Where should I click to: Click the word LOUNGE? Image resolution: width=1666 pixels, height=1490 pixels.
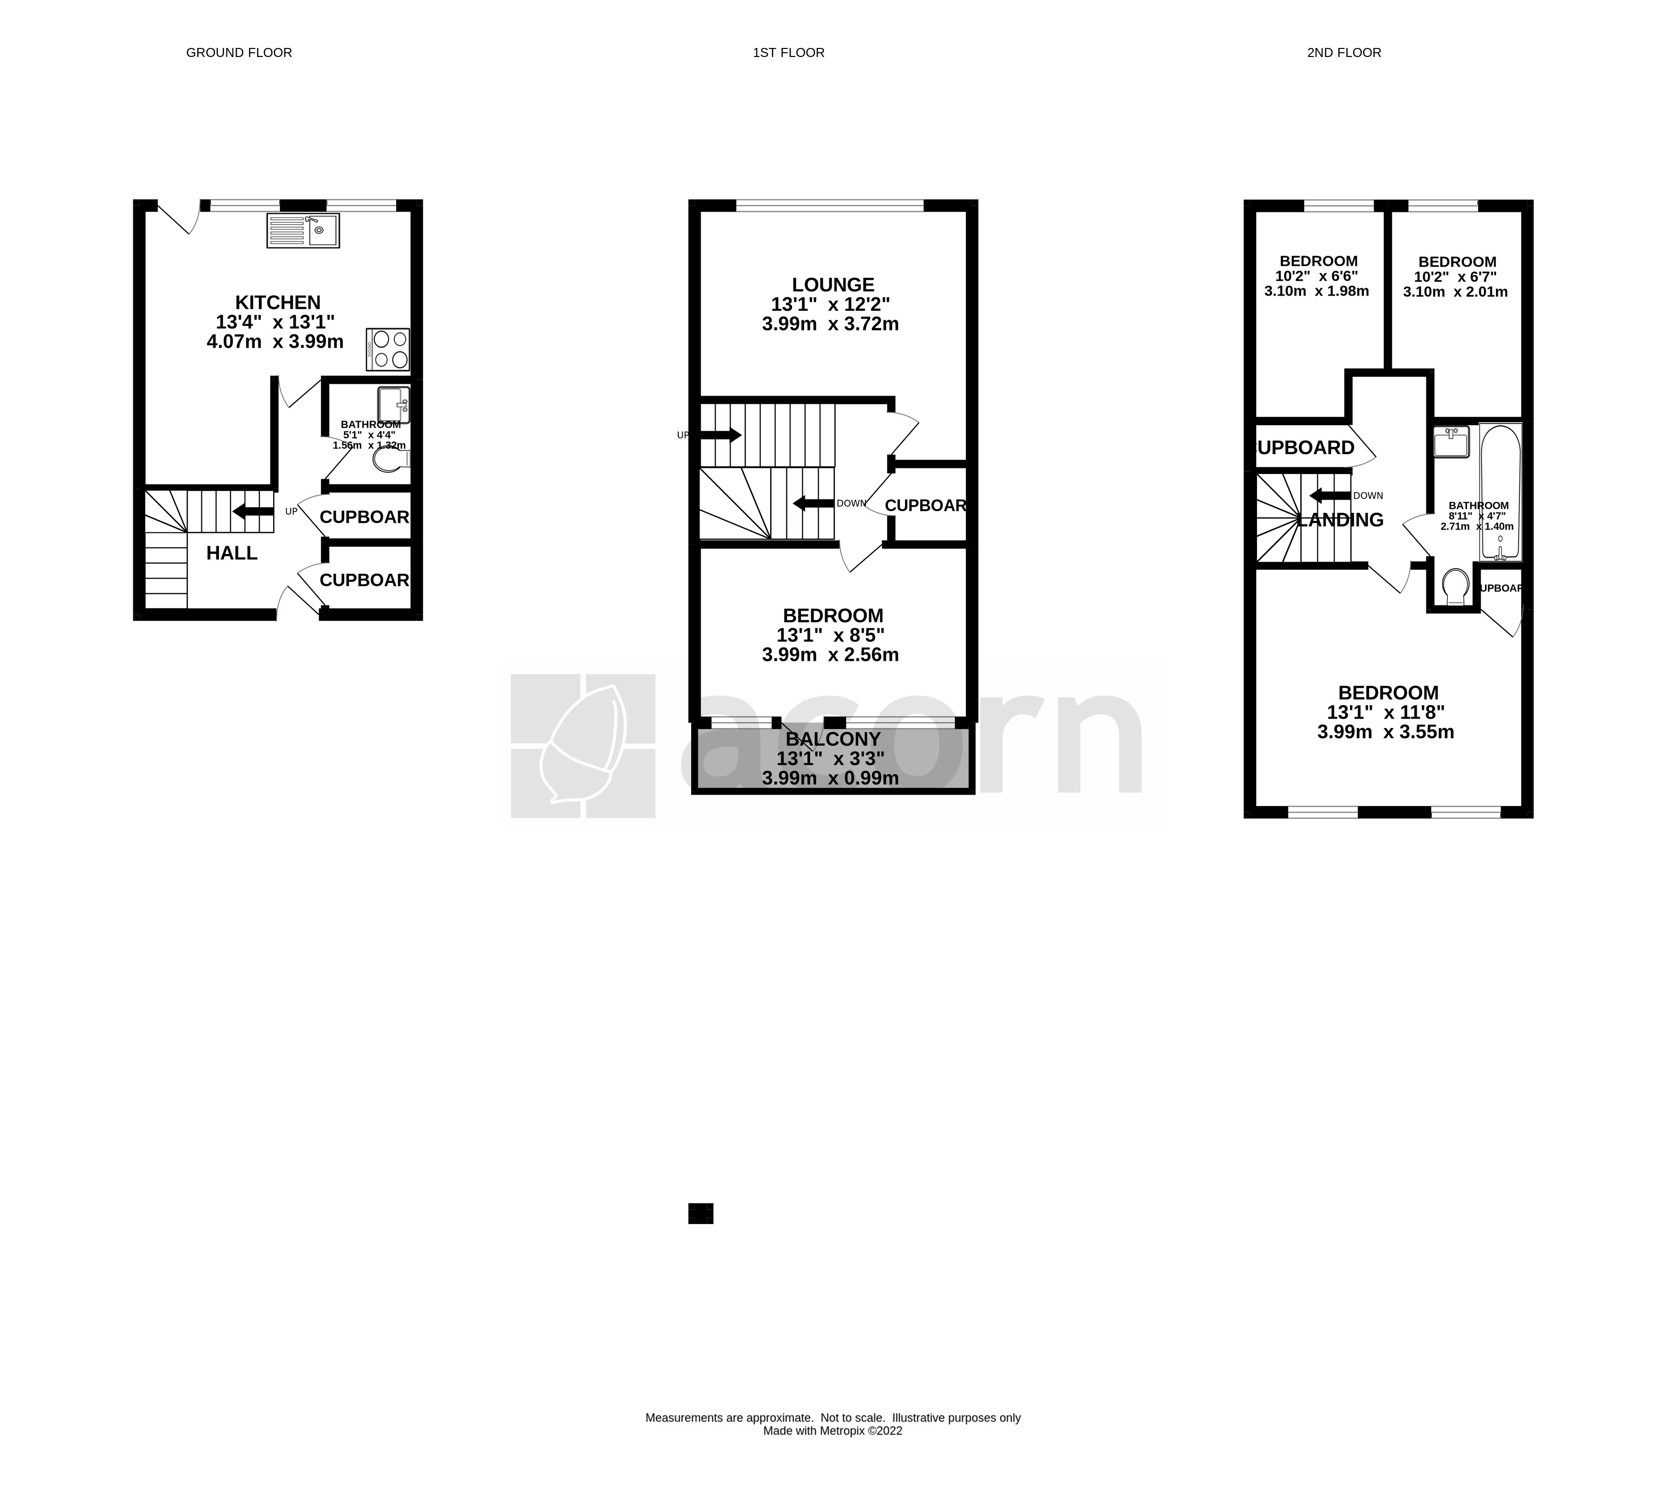pyautogui.click(x=833, y=285)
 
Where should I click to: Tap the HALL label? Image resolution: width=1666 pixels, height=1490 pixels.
pyautogui.click(x=232, y=553)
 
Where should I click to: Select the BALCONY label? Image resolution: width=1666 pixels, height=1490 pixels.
pyautogui.click(x=833, y=739)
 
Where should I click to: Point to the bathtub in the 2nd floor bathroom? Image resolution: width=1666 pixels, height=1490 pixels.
pyautogui.click(x=1500, y=491)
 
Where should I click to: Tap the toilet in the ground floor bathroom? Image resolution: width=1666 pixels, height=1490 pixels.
pyautogui.click(x=389, y=461)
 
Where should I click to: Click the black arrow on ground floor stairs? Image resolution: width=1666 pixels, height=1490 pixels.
pyautogui.click(x=253, y=512)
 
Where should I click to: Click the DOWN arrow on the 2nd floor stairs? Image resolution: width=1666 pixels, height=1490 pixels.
pyautogui.click(x=1330, y=495)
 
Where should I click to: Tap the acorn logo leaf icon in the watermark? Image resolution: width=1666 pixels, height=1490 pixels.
pyautogui.click(x=583, y=745)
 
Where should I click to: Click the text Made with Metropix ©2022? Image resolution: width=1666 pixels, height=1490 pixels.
pyautogui.click(x=833, y=1431)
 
